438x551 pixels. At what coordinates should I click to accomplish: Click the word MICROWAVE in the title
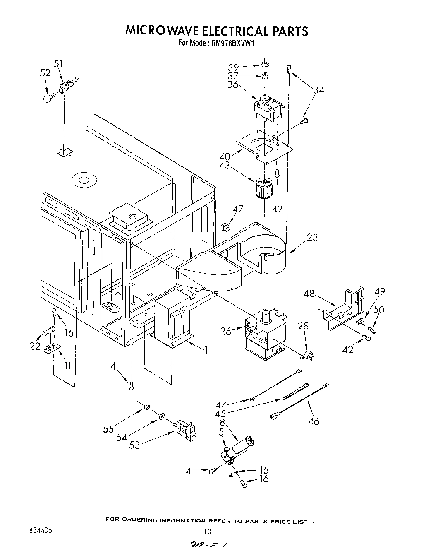point(162,31)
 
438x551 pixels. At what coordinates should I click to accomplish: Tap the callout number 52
point(45,73)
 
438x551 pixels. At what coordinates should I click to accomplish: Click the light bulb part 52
point(49,98)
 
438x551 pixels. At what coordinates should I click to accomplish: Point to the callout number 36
point(233,84)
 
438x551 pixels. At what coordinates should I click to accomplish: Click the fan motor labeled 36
point(268,107)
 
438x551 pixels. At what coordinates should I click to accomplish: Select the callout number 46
point(314,421)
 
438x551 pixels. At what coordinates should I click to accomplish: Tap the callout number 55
point(108,429)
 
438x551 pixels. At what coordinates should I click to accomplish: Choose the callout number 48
point(309,294)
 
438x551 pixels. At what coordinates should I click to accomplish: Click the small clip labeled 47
point(225,227)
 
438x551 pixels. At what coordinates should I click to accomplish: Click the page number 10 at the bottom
point(208,532)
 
